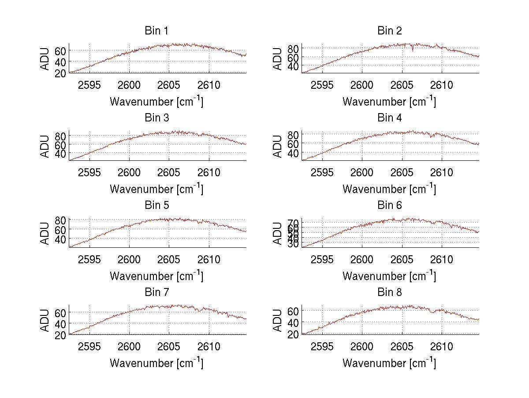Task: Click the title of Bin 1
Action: coord(156,31)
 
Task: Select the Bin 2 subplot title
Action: coord(389,31)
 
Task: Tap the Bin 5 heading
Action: coord(156,205)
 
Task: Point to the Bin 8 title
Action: coord(389,292)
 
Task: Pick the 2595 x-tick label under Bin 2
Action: coord(322,85)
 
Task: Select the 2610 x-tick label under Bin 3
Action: coord(209,172)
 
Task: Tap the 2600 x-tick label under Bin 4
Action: coord(362,172)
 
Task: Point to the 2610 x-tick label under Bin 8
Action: coord(442,346)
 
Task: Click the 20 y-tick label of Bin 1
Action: coord(61,73)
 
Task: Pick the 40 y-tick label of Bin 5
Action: coord(61,239)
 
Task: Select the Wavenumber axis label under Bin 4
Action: coord(389,189)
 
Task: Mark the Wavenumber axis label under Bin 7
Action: coord(156,363)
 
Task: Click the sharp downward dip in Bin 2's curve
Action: coord(413,50)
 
